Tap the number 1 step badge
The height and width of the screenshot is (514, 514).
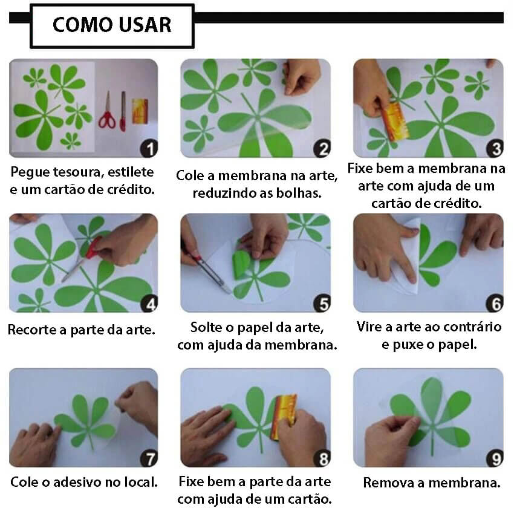(x=149, y=149)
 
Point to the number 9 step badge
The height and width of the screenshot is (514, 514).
(x=495, y=458)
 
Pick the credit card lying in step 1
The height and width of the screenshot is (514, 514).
(x=140, y=111)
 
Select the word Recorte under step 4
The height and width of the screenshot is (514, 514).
(x=32, y=330)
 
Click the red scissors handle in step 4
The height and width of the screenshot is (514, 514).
(x=93, y=248)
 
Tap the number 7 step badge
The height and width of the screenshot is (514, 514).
(x=149, y=458)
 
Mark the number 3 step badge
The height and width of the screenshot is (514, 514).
(x=495, y=149)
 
